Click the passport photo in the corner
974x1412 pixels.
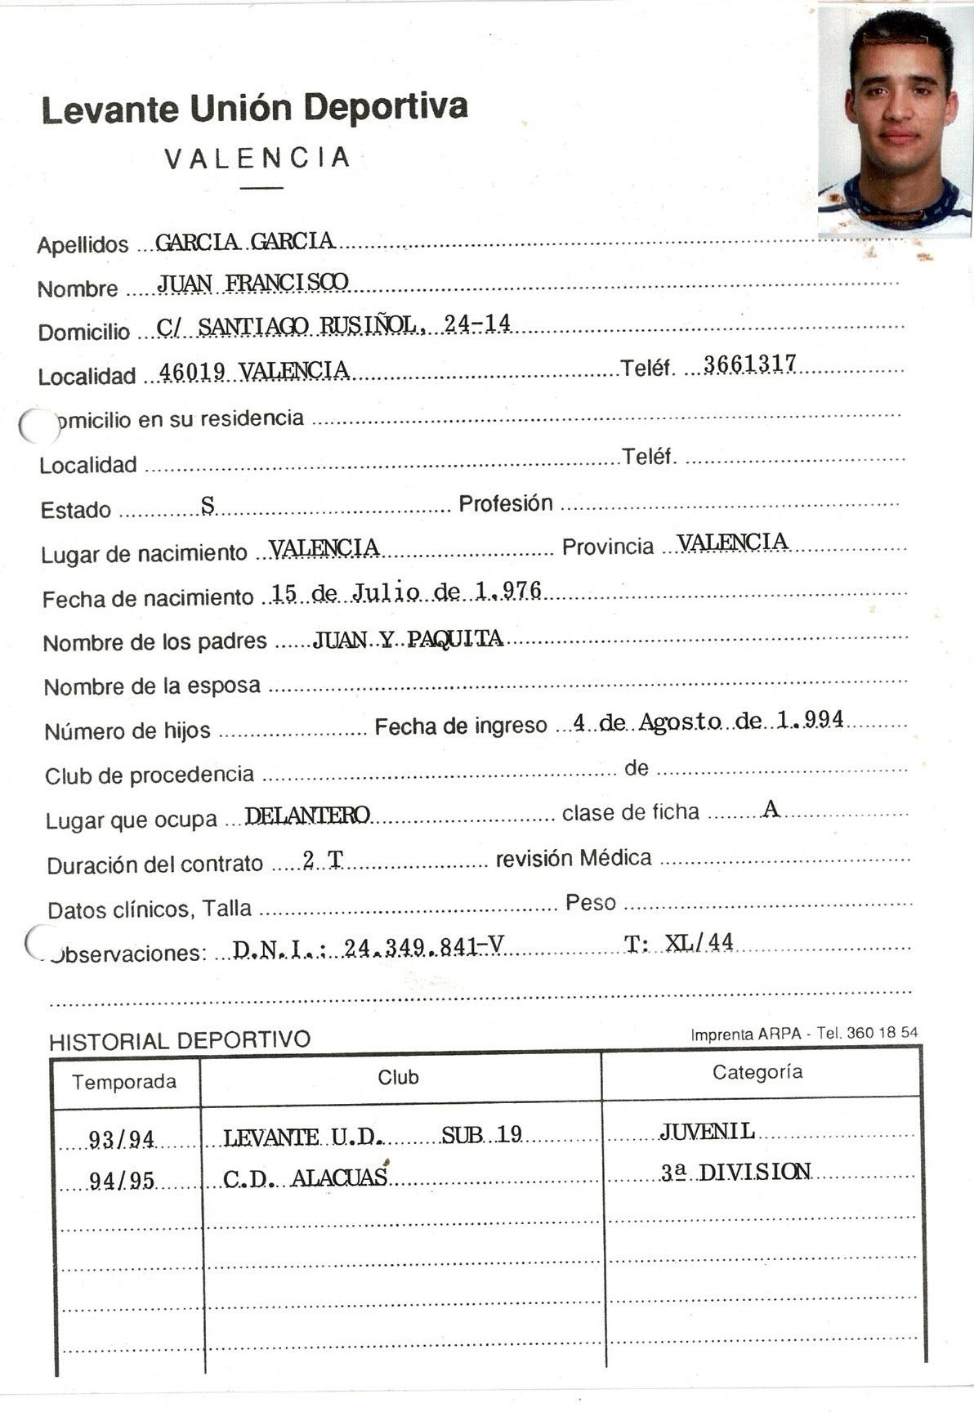[x=894, y=123]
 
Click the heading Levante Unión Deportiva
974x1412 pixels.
[x=254, y=109]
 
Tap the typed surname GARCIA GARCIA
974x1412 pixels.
[x=244, y=241]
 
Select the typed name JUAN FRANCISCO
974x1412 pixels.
[x=252, y=283]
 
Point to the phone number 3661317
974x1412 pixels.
[x=749, y=364]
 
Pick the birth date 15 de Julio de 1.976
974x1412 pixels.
[x=406, y=592]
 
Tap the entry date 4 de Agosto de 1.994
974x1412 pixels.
[x=708, y=721]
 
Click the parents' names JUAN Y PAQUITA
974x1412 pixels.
[x=408, y=638]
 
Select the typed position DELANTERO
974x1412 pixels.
[x=307, y=815]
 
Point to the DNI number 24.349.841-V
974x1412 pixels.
[x=423, y=947]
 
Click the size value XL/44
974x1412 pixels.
[x=699, y=943]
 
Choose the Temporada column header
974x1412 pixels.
[x=124, y=1082]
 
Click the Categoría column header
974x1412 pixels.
[x=757, y=1072]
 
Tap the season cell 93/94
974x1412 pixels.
[x=122, y=1138]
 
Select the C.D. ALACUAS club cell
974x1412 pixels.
[x=305, y=1177]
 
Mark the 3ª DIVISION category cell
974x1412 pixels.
[x=735, y=1173]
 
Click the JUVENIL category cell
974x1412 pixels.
[x=707, y=1131]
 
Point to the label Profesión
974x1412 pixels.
[x=506, y=503]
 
